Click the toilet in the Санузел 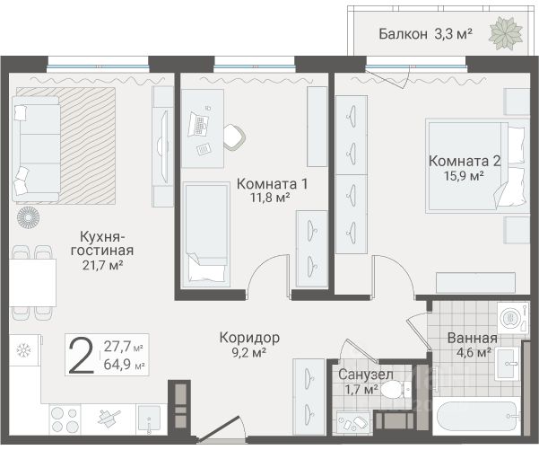coord(396,390)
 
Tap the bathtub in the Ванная coord(476,416)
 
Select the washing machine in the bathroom coord(512,317)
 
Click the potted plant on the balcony coord(506,34)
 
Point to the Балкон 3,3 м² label coord(425,34)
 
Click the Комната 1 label coord(273,184)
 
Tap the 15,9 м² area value coord(464,176)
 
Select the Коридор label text coord(249,338)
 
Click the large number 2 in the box coord(81,355)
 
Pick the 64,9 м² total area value coord(124,365)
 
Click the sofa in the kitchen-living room coord(36,149)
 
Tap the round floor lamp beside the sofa coord(29,218)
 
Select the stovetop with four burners coord(65,419)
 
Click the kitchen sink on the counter coord(149,419)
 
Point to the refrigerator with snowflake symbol coord(25,350)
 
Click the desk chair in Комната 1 coord(234,137)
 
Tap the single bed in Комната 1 coord(205,234)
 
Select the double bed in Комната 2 coord(478,166)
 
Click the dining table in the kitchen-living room coord(32,283)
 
